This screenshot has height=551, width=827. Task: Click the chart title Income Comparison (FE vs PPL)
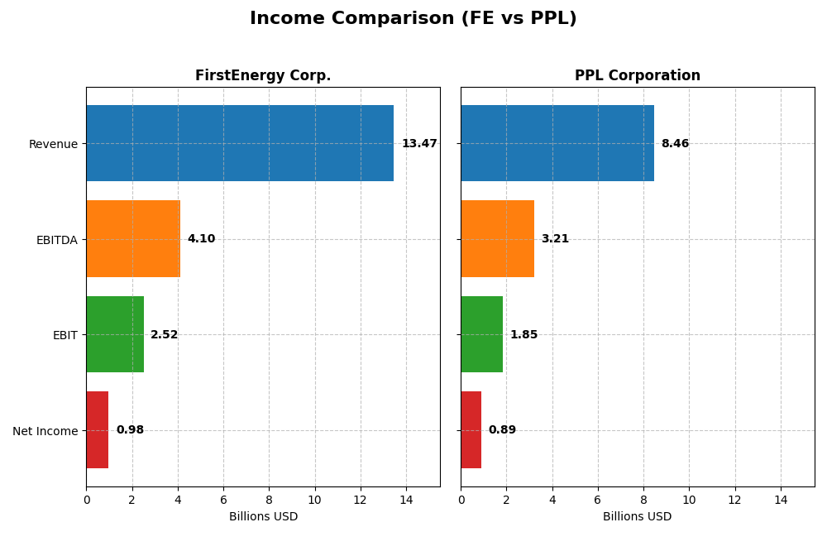pos(413,18)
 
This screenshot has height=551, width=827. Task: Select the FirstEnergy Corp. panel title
pos(263,75)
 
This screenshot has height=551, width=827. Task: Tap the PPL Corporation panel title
pos(637,75)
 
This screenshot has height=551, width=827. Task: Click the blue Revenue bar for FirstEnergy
pos(240,143)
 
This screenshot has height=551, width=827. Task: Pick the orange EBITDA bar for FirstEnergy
pos(133,238)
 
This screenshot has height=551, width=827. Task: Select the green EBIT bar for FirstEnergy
pos(115,334)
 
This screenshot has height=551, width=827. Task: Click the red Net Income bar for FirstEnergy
pos(98,429)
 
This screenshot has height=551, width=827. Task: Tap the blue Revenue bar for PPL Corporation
pos(557,143)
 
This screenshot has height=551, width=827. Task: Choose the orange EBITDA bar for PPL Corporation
pos(497,238)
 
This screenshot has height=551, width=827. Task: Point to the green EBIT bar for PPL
pos(482,334)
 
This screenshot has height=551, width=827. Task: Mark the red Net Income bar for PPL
pos(471,429)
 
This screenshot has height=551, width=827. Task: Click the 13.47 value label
pos(419,144)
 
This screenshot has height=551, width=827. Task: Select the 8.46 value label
pos(675,144)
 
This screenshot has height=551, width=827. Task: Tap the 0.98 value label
pos(130,430)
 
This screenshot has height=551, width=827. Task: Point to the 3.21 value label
pos(555,239)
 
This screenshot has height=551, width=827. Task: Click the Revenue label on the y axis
pos(53,144)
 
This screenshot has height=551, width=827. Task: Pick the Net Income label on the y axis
pos(45,431)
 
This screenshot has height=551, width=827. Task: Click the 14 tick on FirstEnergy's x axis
pos(406,500)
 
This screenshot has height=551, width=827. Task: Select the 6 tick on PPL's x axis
pos(598,500)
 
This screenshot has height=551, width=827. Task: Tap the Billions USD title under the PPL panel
pos(637,516)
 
